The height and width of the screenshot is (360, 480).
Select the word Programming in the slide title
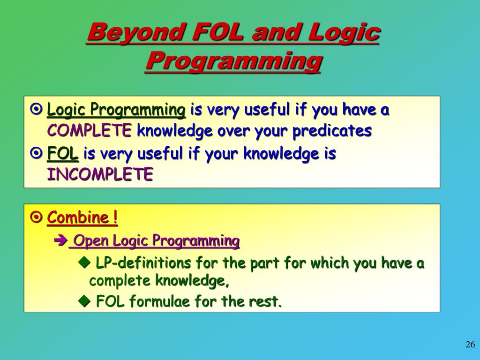(233, 61)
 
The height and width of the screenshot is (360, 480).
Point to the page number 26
(470, 345)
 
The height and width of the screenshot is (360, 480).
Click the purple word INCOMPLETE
(100, 175)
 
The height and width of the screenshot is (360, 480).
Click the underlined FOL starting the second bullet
(63, 154)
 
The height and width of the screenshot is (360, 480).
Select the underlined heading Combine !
(82, 218)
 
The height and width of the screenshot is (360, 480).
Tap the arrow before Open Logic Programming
(61, 241)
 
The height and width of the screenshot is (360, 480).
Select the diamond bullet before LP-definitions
(84, 263)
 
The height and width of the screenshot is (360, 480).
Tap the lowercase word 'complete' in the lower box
(120, 281)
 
